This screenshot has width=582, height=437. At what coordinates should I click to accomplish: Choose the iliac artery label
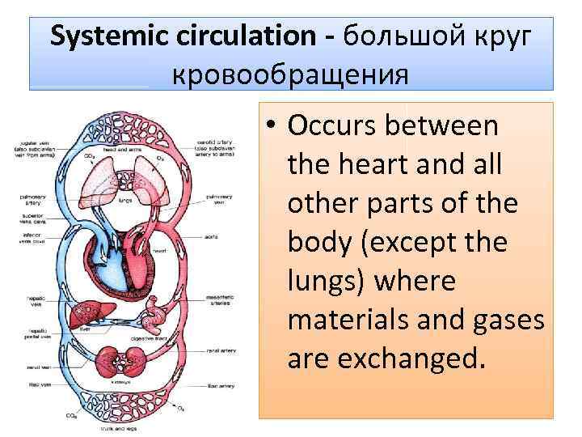[218, 389]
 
